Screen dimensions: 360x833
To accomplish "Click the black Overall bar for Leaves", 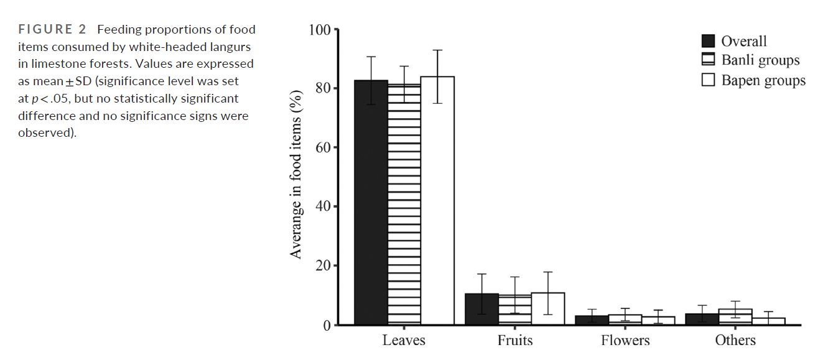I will (x=371, y=202).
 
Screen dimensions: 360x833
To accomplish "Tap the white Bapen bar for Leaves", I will (x=437, y=200).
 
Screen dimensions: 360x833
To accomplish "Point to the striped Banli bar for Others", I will (x=735, y=317).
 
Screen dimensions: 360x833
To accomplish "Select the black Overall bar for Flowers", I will (x=592, y=320).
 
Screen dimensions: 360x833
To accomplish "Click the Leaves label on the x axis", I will (x=404, y=340).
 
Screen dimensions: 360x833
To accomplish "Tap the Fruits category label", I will (x=514, y=340).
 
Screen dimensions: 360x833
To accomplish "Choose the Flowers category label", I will (x=625, y=340).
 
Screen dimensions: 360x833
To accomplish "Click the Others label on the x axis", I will (x=735, y=340).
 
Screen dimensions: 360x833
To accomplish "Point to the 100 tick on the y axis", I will (x=322, y=29).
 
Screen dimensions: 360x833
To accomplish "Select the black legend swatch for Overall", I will (x=708, y=41).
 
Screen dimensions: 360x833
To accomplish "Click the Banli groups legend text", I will (x=760, y=60).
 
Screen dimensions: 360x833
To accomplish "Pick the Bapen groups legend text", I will (x=763, y=80).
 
